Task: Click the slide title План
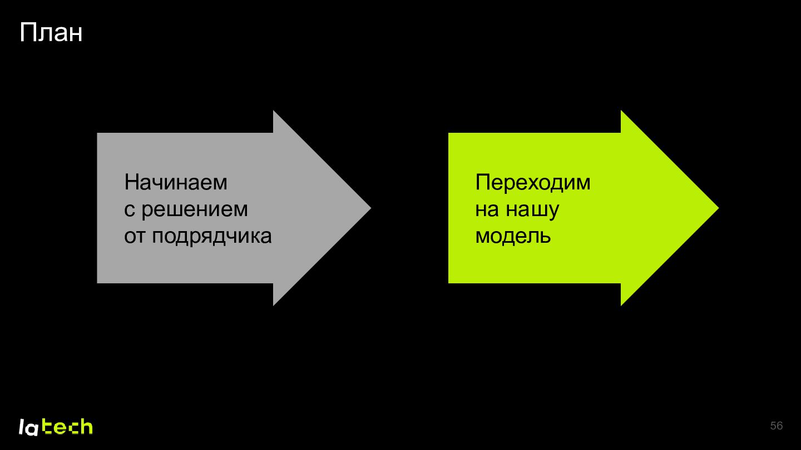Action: [x=51, y=33]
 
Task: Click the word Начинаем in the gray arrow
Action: [x=176, y=182]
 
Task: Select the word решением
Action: [x=195, y=210]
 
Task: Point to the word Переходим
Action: [x=533, y=182]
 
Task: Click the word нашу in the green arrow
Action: [x=532, y=210]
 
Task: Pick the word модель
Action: [x=513, y=237]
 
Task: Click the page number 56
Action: [x=777, y=426]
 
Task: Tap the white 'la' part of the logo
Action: [x=28, y=428]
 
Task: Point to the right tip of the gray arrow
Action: [x=371, y=208]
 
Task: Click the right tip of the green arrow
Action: [x=719, y=208]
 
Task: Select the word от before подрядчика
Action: [x=134, y=237]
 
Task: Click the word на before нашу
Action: [x=487, y=210]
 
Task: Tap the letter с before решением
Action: [x=130, y=210]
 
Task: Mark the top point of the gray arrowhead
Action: [x=274, y=111]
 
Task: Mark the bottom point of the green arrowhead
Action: [x=621, y=306]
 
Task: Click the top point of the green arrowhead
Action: [x=621, y=111]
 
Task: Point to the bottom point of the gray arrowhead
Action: [x=274, y=306]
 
